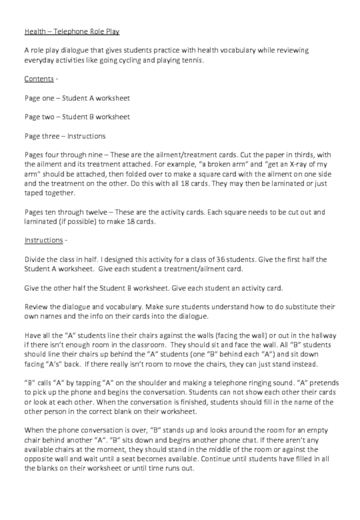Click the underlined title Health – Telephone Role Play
[72, 32]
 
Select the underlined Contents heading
[39, 79]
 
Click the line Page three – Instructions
[65, 136]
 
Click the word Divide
[35, 260]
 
